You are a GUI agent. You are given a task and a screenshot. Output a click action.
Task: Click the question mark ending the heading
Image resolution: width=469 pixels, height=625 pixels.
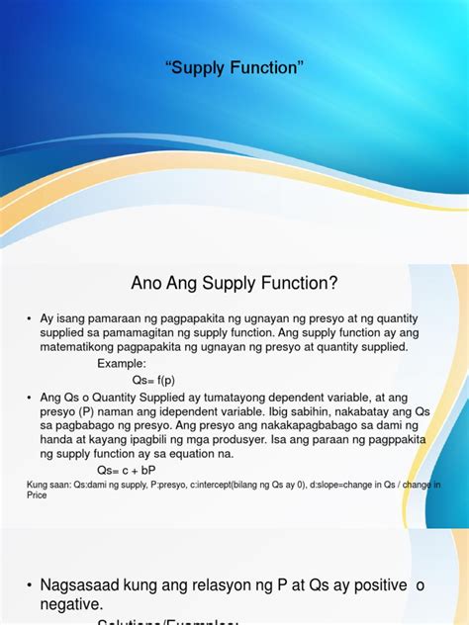click(x=334, y=285)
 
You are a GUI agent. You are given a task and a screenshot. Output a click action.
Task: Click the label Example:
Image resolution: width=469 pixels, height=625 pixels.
click(x=121, y=363)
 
